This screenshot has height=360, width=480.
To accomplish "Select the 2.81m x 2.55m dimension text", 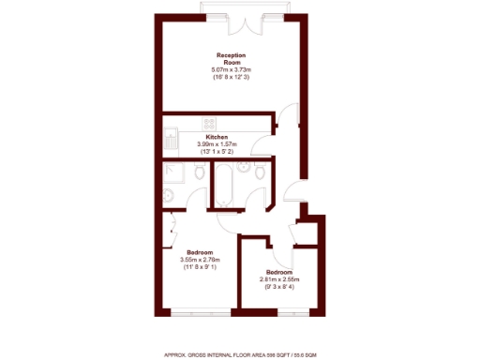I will point(278,279).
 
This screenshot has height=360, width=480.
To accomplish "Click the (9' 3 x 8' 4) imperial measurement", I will point(278,287).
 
